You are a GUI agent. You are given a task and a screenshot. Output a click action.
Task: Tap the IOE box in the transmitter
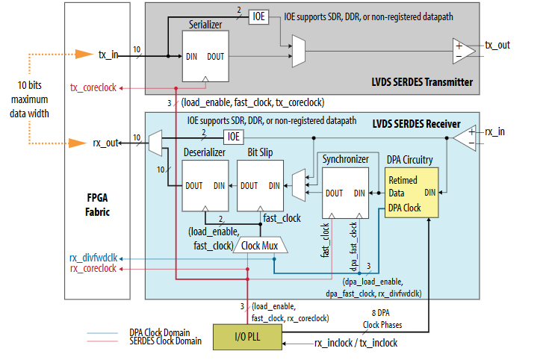pyautogui.click(x=258, y=16)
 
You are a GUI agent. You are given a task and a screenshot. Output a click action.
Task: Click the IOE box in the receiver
pyautogui.click(x=234, y=136)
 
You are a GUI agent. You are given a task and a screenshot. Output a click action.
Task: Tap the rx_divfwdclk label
pyautogui.click(x=93, y=258)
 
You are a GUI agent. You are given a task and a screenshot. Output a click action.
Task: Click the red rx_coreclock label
pyautogui.click(x=93, y=269)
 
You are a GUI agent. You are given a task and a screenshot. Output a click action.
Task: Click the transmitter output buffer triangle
pyautogui.click(x=464, y=51)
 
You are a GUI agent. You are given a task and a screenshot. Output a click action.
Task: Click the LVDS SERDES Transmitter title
pyautogui.click(x=422, y=81)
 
